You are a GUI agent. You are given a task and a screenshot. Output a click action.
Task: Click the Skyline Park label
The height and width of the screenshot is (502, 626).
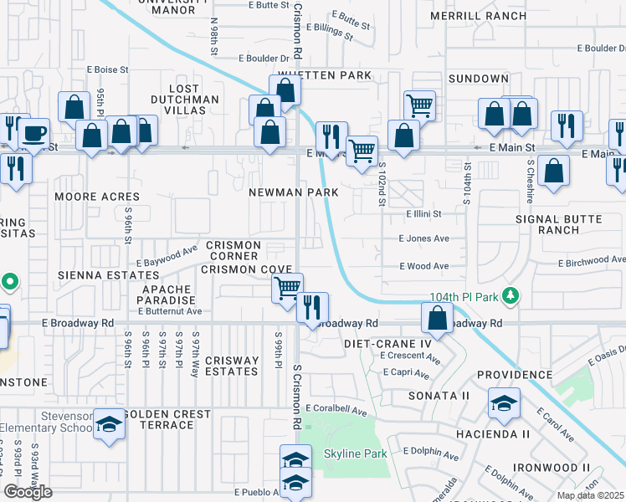click(356, 453)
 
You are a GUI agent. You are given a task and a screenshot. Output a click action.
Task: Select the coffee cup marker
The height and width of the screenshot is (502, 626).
click(33, 133)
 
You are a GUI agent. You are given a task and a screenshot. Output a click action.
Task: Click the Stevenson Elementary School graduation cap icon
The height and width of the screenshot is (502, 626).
click(109, 424)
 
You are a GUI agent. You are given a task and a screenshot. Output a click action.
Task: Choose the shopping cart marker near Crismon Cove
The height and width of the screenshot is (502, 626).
click(287, 287)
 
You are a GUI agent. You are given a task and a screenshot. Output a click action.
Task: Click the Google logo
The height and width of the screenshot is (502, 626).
click(28, 492)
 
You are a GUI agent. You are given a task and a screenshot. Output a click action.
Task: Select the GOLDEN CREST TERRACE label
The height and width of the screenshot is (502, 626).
click(167, 419)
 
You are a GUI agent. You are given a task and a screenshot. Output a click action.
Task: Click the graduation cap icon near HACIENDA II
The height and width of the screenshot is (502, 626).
click(505, 404)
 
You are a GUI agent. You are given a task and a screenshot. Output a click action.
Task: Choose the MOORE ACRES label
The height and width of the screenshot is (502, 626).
click(85, 197)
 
